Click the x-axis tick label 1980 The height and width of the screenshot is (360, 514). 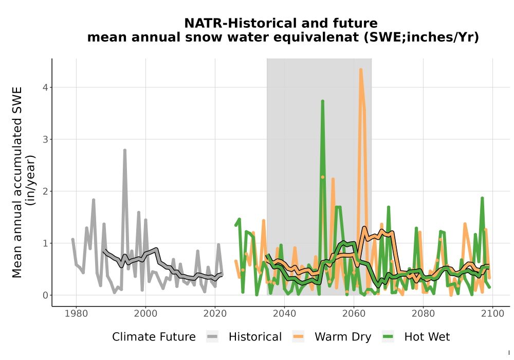click(x=76, y=314)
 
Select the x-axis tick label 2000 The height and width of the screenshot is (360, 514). click(x=145, y=314)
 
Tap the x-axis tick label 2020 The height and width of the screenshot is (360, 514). click(x=215, y=314)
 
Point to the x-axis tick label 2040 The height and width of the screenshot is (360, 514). click(x=284, y=314)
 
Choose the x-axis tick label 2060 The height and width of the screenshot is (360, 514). click(x=354, y=314)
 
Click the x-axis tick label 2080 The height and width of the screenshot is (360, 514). click(x=423, y=314)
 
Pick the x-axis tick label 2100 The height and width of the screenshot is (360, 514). click(x=492, y=314)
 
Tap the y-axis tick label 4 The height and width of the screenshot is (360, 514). click(x=45, y=87)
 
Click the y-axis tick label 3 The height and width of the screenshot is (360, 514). click(x=45, y=139)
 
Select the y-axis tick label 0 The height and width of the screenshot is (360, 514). click(x=45, y=295)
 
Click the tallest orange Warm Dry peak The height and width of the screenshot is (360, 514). click(x=361, y=70)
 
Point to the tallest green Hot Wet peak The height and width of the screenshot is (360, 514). click(x=323, y=101)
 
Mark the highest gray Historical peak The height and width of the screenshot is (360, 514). click(x=125, y=150)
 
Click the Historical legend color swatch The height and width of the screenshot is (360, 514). click(x=212, y=337)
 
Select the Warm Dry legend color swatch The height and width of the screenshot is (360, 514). click(x=298, y=337)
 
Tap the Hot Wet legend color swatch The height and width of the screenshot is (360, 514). click(x=388, y=337)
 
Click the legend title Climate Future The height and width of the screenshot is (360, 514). click(x=154, y=337)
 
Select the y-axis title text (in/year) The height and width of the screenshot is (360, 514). click(x=30, y=180)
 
